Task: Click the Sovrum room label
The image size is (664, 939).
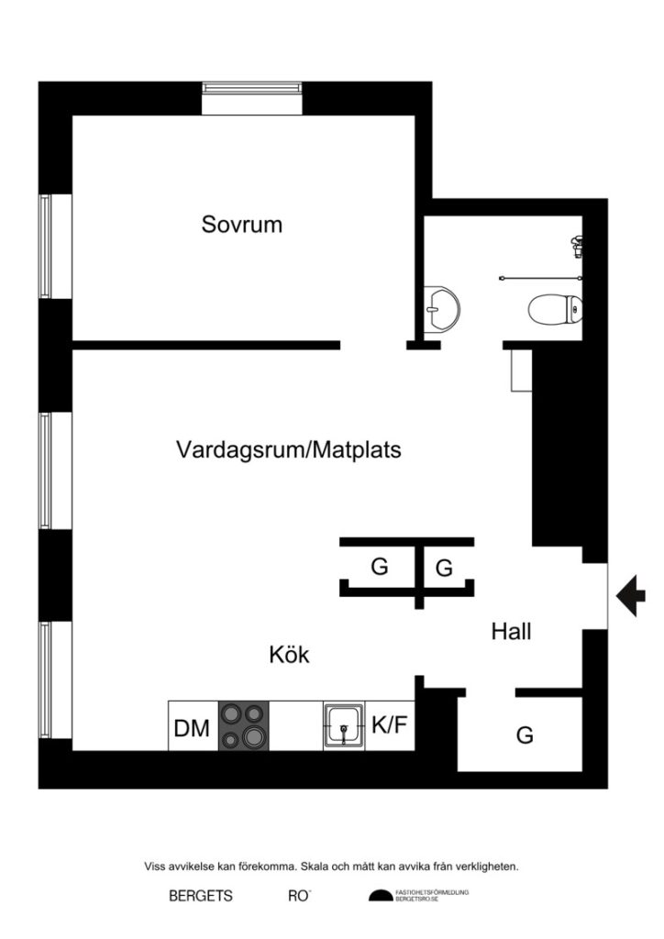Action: click(242, 224)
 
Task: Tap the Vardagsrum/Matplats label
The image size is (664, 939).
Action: click(289, 450)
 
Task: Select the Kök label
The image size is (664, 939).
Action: click(289, 655)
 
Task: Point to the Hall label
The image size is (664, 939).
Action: click(511, 631)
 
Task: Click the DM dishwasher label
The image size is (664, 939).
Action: click(193, 730)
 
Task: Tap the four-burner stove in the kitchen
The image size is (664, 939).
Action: click(243, 726)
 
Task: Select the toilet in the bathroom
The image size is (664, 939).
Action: click(554, 308)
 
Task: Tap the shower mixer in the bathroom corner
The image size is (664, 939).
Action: click(579, 247)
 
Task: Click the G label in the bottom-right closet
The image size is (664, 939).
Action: click(525, 735)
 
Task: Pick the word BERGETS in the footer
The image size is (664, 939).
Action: click(201, 896)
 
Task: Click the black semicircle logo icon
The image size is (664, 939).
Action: click(380, 896)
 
